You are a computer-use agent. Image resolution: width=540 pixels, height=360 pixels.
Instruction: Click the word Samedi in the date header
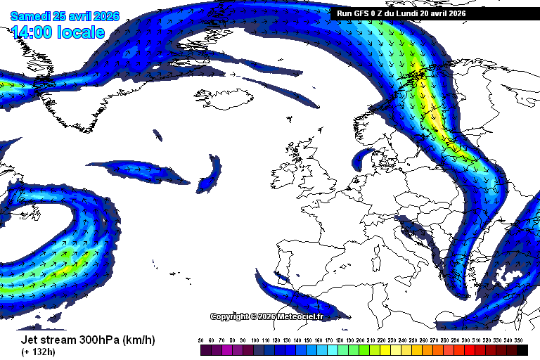32,16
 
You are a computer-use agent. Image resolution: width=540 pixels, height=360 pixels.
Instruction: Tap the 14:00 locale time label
58,32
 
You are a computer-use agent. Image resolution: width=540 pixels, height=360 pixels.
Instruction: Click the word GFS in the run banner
366,13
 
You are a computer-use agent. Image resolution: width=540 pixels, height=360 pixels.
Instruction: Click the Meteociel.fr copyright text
267,316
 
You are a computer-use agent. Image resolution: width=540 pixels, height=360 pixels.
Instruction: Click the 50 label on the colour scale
202,340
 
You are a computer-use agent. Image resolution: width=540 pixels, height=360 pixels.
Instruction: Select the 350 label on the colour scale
522,340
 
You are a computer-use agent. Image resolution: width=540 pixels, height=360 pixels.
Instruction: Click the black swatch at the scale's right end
522,349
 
